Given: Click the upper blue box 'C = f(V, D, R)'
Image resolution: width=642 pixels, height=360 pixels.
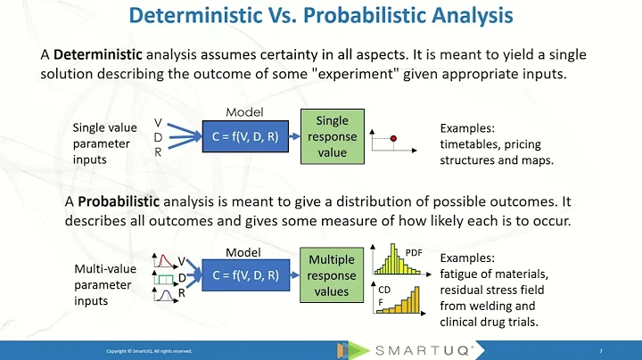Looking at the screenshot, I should click(243, 136).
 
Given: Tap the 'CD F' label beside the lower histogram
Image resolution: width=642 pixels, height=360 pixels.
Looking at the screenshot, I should click(385, 295).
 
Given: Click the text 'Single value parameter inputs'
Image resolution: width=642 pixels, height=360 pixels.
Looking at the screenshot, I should click(104, 143).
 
